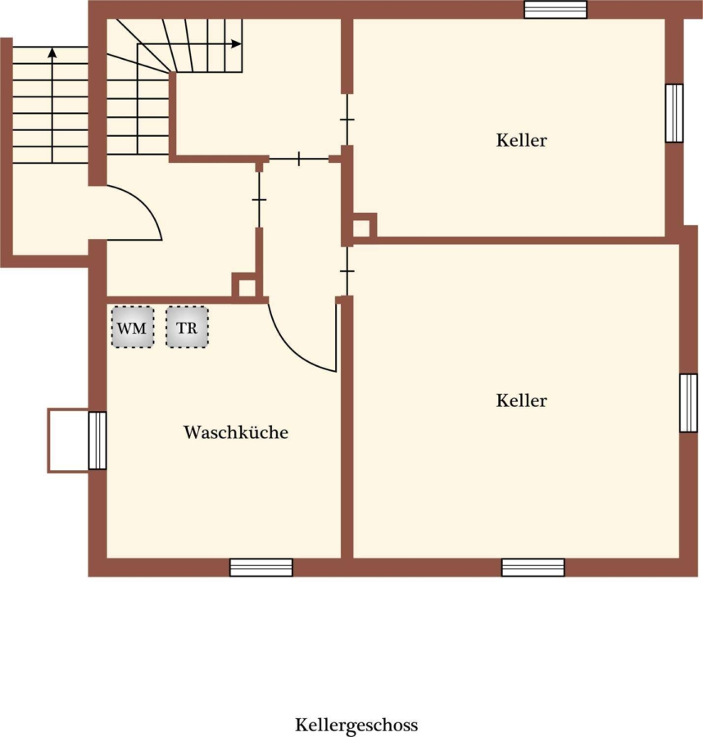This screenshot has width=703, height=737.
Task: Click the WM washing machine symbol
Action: [x=133, y=327]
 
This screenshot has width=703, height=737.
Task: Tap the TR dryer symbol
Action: [x=187, y=327]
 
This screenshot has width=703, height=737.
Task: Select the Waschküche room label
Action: [x=236, y=432]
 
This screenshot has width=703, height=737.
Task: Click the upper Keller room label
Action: [x=521, y=140]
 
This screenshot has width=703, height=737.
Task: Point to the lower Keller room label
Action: [x=521, y=400]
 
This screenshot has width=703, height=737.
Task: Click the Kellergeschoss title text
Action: [x=356, y=726]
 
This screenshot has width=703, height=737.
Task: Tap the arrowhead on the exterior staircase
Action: [x=52, y=52]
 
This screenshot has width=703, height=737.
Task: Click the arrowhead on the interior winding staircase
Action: [x=237, y=44]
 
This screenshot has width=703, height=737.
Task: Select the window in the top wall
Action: [x=556, y=9]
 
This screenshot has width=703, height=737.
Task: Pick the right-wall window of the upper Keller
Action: [x=674, y=113]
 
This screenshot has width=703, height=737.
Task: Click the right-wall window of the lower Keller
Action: [x=688, y=403]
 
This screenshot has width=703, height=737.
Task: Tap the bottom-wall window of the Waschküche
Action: [x=261, y=567]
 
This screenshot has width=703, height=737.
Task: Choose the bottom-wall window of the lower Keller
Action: [x=533, y=567]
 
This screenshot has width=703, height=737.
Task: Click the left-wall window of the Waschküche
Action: [x=98, y=441]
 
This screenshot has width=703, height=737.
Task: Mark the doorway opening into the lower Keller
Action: [x=347, y=271]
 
